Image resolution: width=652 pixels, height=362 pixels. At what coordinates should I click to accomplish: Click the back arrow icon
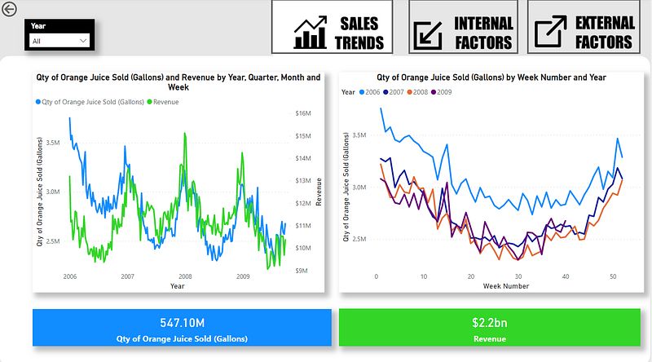(x=9, y=11)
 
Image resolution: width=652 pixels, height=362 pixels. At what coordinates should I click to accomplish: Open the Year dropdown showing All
(x=59, y=40)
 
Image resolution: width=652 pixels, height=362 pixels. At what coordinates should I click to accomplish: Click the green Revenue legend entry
(x=163, y=102)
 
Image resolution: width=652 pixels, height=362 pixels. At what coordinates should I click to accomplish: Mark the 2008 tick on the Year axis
(x=186, y=277)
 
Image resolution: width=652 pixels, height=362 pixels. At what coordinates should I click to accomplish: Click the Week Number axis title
(x=504, y=286)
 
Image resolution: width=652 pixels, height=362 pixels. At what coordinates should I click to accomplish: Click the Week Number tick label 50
(x=613, y=277)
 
